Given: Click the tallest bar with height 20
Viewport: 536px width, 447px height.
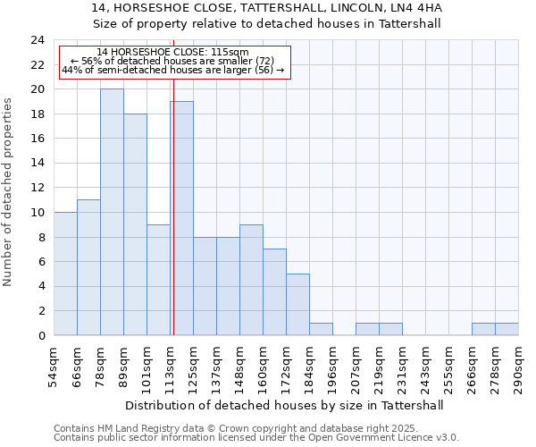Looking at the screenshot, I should pyautogui.click(x=112, y=213).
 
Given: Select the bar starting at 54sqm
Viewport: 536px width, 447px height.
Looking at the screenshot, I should pyautogui.click(x=65, y=274).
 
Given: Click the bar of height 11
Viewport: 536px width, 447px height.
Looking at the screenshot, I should pyautogui.click(x=88, y=267).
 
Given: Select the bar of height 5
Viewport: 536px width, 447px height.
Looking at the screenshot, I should pyautogui.click(x=297, y=304).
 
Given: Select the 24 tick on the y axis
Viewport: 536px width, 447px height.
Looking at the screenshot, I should pyautogui.click(x=38, y=40).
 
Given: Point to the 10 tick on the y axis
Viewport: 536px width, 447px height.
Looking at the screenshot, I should pyautogui.click(x=38, y=213).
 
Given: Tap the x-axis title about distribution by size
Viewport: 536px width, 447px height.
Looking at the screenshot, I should pyautogui.click(x=286, y=405).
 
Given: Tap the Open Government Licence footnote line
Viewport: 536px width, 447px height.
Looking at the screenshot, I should pyautogui.click(x=255, y=438).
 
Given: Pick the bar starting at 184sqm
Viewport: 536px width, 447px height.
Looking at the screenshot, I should pyautogui.click(x=321, y=329).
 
